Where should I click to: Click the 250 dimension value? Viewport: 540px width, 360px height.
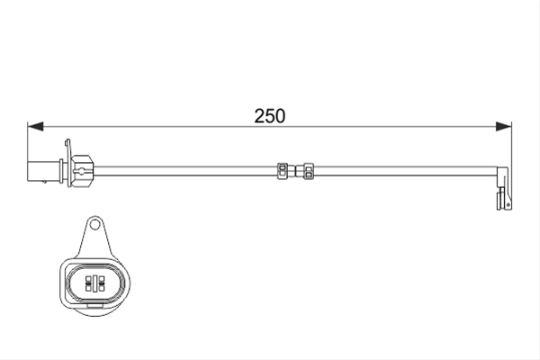click(x=270, y=116)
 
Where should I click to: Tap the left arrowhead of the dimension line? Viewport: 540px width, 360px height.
click(x=35, y=126)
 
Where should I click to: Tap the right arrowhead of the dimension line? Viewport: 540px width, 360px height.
click(x=503, y=126)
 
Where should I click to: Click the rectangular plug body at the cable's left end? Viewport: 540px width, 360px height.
click(x=43, y=171)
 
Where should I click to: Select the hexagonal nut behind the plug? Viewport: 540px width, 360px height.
click(x=83, y=171)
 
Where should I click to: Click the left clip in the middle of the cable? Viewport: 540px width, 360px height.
click(x=282, y=171)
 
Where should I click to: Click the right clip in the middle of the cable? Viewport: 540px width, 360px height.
click(x=308, y=171)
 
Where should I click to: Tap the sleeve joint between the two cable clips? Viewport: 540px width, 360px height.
click(x=295, y=171)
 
